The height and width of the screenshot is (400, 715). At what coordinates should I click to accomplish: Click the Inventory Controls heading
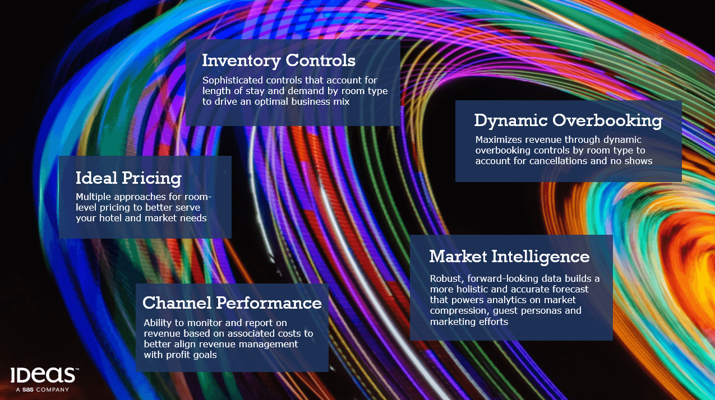(x=279, y=61)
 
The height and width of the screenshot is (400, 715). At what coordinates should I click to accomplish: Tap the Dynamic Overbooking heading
(x=569, y=120)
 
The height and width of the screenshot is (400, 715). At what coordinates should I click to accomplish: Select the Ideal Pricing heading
(x=128, y=178)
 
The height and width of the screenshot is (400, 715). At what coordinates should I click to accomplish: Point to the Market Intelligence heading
(x=509, y=257)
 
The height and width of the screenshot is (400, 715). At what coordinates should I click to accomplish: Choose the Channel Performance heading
(x=232, y=303)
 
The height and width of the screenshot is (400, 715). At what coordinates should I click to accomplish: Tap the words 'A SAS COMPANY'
(x=43, y=389)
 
